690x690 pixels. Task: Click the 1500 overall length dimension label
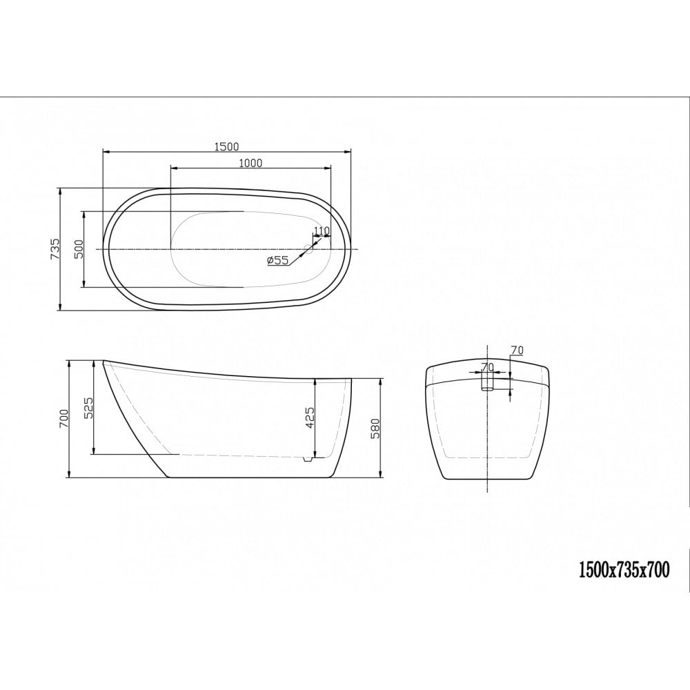[x=226, y=146]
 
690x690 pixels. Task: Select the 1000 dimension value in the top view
[x=250, y=163]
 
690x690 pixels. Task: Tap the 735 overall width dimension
[x=55, y=248]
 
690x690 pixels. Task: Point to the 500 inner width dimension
[x=78, y=248]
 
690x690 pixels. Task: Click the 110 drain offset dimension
[x=322, y=230]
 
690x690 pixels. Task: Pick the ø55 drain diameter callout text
[x=277, y=260]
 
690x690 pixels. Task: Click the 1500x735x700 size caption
[x=623, y=569]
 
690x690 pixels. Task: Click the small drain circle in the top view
[x=310, y=248]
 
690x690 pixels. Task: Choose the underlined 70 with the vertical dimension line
[x=517, y=351]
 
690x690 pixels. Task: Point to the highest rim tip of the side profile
[x=104, y=361]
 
